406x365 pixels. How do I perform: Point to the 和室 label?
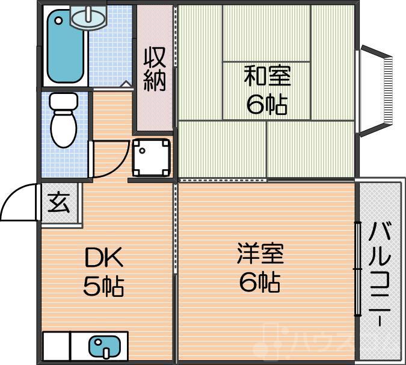tap(266, 78)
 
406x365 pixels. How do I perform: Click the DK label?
tap(103, 258)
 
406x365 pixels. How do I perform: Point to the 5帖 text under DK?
tap(103, 287)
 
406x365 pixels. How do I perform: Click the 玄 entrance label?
tap(59, 203)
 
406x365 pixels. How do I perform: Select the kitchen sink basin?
tap(103, 347)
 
